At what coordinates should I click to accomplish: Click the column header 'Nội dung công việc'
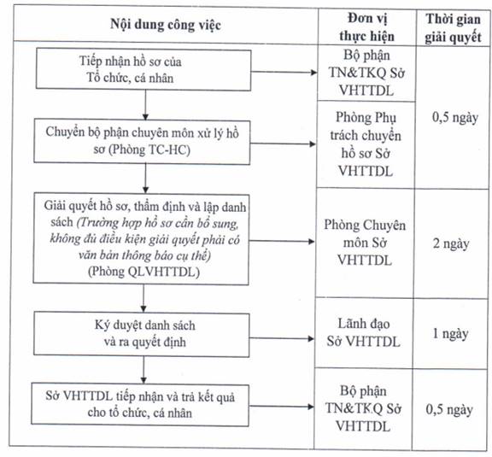166,25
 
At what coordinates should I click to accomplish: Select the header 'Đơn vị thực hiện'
366,27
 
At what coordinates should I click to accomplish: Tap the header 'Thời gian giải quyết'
453,28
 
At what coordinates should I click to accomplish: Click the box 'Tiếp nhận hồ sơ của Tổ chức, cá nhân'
143,69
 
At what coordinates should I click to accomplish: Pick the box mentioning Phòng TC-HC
142,141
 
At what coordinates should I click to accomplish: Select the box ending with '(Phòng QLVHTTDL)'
141,239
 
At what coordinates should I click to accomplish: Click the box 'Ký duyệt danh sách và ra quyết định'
142,334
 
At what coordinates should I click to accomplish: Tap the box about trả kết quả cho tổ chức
140,405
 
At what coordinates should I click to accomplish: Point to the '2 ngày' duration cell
451,243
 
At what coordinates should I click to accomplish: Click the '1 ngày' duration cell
450,333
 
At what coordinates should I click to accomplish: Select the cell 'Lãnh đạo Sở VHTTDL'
363,332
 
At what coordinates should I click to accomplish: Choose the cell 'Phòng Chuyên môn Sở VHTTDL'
365,243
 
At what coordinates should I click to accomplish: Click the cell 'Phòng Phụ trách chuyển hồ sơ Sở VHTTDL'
366,144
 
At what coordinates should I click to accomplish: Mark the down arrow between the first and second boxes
145,105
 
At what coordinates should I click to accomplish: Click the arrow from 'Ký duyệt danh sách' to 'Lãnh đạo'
282,338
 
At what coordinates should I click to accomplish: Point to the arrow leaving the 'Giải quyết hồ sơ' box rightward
282,241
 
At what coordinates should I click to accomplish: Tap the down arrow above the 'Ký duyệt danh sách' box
143,298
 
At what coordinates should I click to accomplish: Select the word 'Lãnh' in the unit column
349,324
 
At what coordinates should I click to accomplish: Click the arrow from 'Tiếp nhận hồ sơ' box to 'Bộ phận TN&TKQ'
284,73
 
